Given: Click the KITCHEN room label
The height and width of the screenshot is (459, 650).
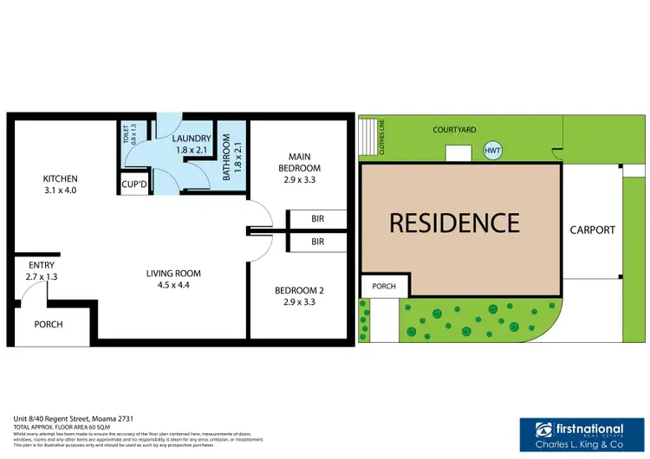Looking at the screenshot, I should pos(61,184).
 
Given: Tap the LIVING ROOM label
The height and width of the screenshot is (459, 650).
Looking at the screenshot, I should pos(173,280).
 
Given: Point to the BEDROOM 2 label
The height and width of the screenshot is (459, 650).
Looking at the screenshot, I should pos(299,297).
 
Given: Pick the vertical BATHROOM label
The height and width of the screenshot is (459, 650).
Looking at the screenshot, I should pos(226,157).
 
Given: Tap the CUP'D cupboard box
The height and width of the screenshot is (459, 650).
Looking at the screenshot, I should pos(133,185).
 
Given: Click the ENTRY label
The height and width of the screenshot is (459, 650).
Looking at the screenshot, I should pos(42,270).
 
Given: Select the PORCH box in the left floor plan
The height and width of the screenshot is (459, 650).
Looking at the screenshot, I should pos(48,325).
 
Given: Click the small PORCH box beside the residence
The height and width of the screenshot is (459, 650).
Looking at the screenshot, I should pos(383,287).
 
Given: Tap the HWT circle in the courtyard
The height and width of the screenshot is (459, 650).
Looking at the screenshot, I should pos(493,152).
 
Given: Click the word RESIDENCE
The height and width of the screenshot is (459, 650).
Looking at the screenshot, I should pos(454,223).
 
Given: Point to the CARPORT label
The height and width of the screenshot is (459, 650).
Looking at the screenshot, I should pos(592,230).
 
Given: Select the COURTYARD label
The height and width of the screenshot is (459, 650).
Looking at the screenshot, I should pos(454,129).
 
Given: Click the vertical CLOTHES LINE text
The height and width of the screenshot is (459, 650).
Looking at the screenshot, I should pos(381,137).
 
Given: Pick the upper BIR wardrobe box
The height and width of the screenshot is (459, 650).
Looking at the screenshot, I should pos(317,219).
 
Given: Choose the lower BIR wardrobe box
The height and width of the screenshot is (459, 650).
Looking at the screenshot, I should pos(317,242).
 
